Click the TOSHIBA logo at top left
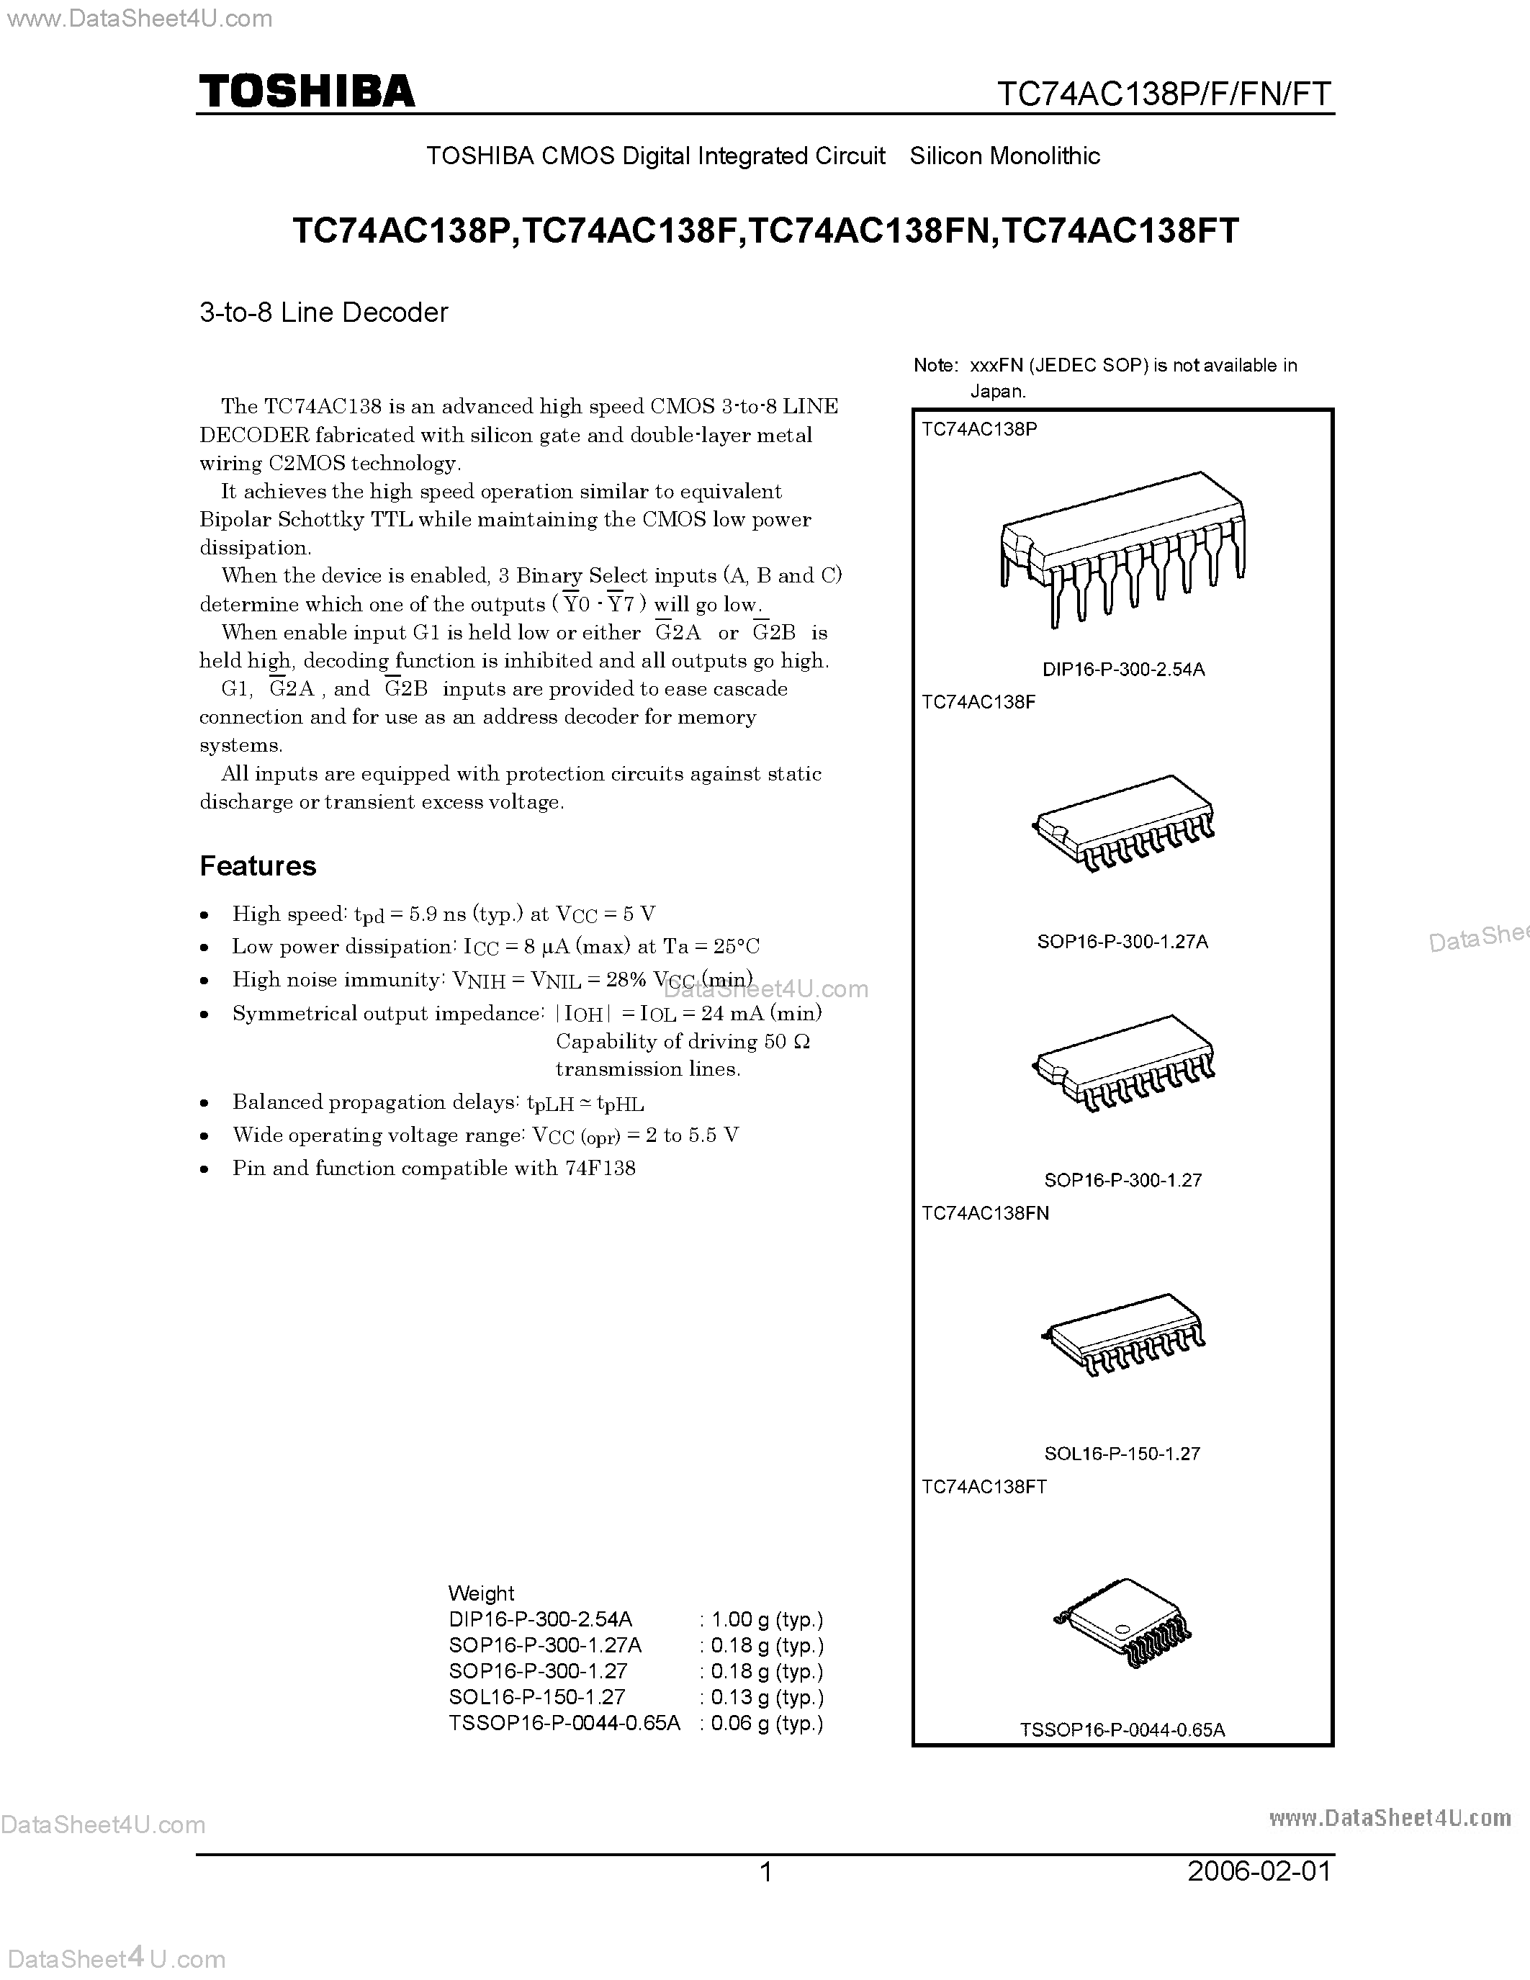(307, 91)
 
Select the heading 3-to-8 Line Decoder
(323, 312)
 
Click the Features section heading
(258, 865)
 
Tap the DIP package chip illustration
(1122, 549)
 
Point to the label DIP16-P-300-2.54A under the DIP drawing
(1123, 669)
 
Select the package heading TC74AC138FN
(985, 1213)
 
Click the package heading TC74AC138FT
(984, 1487)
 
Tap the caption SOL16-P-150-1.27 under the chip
(1122, 1453)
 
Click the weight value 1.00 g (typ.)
(767, 1619)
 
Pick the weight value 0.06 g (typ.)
(767, 1722)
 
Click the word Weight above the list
(480, 1593)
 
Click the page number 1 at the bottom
(766, 1871)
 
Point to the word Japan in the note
(998, 392)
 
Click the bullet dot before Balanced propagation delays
(207, 1103)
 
